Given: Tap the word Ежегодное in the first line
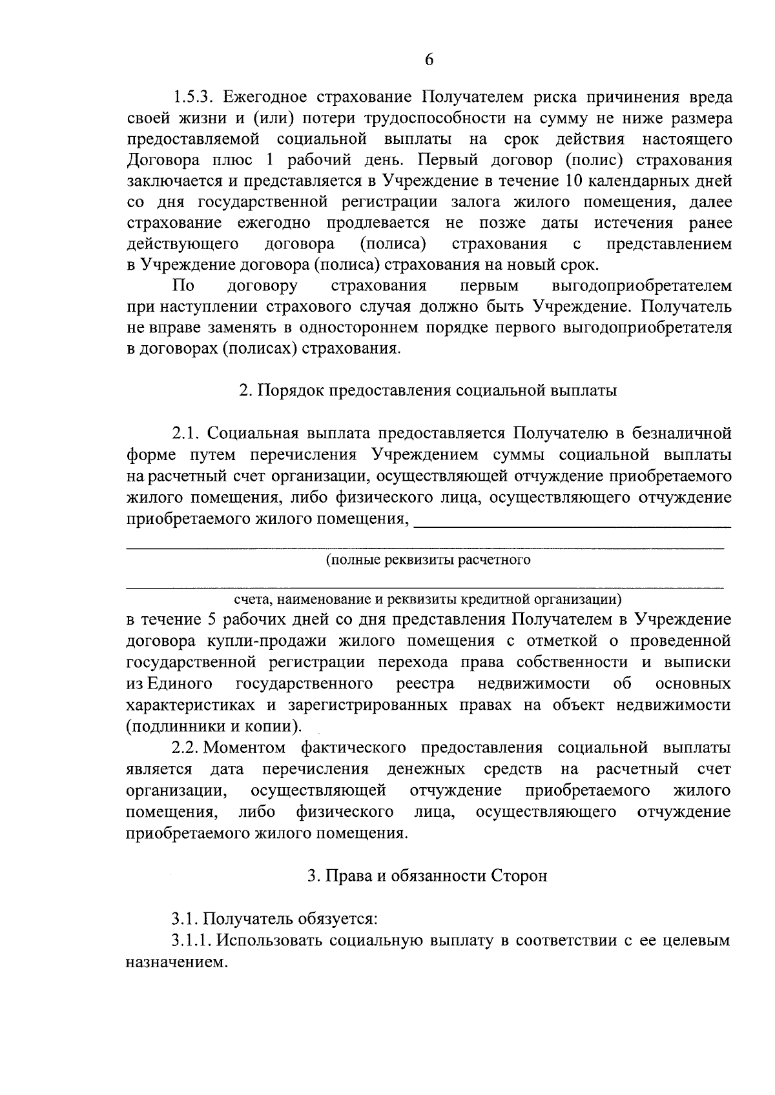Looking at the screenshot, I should pos(265,97).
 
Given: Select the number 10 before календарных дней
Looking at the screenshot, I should pos(574,181).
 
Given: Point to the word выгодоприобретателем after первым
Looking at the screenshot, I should pos(642,286).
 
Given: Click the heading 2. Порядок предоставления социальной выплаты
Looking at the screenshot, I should pos(428,391).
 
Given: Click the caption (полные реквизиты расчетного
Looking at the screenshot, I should pos(428,560).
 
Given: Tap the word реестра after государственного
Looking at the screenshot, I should pos(425,683).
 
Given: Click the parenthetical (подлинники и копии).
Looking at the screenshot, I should pos(214,726).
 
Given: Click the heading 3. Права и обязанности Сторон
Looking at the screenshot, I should pos(427,876).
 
